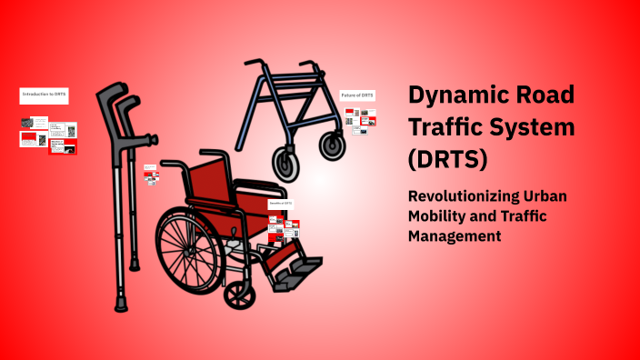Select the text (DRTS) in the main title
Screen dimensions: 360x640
(x=448, y=159)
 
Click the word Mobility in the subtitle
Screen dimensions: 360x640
(x=437, y=216)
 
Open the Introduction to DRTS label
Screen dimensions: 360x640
(x=45, y=94)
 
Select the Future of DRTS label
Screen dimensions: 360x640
(x=358, y=95)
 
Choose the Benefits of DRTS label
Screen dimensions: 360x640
(x=281, y=205)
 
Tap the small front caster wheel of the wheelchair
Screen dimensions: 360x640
(x=240, y=293)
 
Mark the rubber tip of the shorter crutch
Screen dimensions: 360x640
(x=135, y=264)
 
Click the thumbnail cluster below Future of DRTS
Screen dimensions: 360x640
(x=360, y=120)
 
